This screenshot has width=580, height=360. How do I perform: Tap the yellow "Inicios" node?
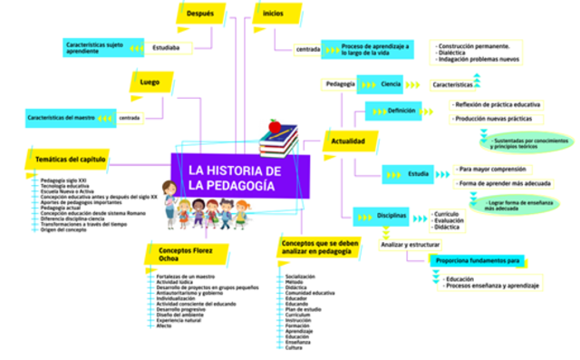click(275, 15)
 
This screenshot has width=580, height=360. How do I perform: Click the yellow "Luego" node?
click(150, 83)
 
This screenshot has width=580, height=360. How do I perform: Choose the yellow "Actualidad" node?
click(348, 142)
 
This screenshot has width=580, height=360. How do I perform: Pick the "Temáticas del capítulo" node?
click(71, 160)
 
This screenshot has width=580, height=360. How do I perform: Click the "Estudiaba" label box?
click(166, 47)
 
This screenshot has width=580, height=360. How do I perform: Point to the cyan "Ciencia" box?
click(391, 84)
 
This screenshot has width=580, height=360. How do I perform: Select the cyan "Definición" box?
click(401, 111)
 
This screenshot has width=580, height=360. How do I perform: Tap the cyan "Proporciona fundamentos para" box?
click(478, 261)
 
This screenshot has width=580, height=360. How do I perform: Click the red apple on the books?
click(275, 126)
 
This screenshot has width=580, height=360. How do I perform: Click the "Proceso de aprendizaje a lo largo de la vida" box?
click(375, 48)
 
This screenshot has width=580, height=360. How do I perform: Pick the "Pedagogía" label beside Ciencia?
click(340, 84)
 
